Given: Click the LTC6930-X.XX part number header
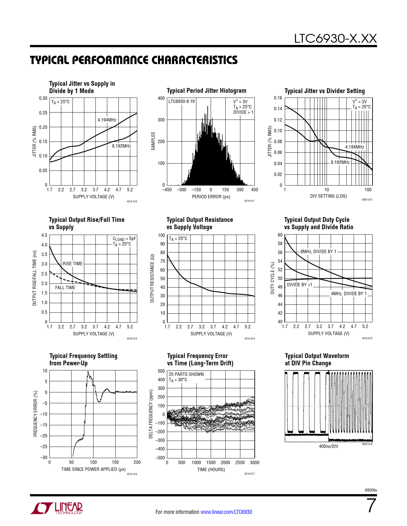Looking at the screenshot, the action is tap(335, 39).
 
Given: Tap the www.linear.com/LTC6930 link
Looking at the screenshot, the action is tap(226, 512).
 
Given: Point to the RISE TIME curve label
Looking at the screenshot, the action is tap(72, 264).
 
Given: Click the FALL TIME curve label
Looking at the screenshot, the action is tap(65, 288).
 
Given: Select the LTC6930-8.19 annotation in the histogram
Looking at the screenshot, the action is tap(182, 101).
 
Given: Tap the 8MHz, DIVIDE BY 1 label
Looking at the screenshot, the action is tap(318, 252).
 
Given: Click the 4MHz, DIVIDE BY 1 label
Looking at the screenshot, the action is tap(349, 294).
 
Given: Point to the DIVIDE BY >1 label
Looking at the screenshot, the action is tap(300, 285).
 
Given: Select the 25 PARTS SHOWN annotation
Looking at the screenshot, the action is tap(186, 374).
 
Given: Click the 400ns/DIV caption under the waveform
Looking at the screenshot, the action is tap(328, 446).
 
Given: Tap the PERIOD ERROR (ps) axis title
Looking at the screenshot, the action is tap(211, 197).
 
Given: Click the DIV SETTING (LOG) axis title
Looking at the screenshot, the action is tap(328, 196).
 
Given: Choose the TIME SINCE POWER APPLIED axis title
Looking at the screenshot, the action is tap(93, 469).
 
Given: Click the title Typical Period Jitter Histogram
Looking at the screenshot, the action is tap(207, 91).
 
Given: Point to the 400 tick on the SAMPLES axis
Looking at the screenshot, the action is tap(161, 98).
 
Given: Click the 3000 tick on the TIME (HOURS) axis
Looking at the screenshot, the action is tap(254, 463).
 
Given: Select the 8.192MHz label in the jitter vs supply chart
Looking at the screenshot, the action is tap(121, 146).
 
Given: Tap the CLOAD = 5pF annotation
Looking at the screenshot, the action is tap(124, 239).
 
